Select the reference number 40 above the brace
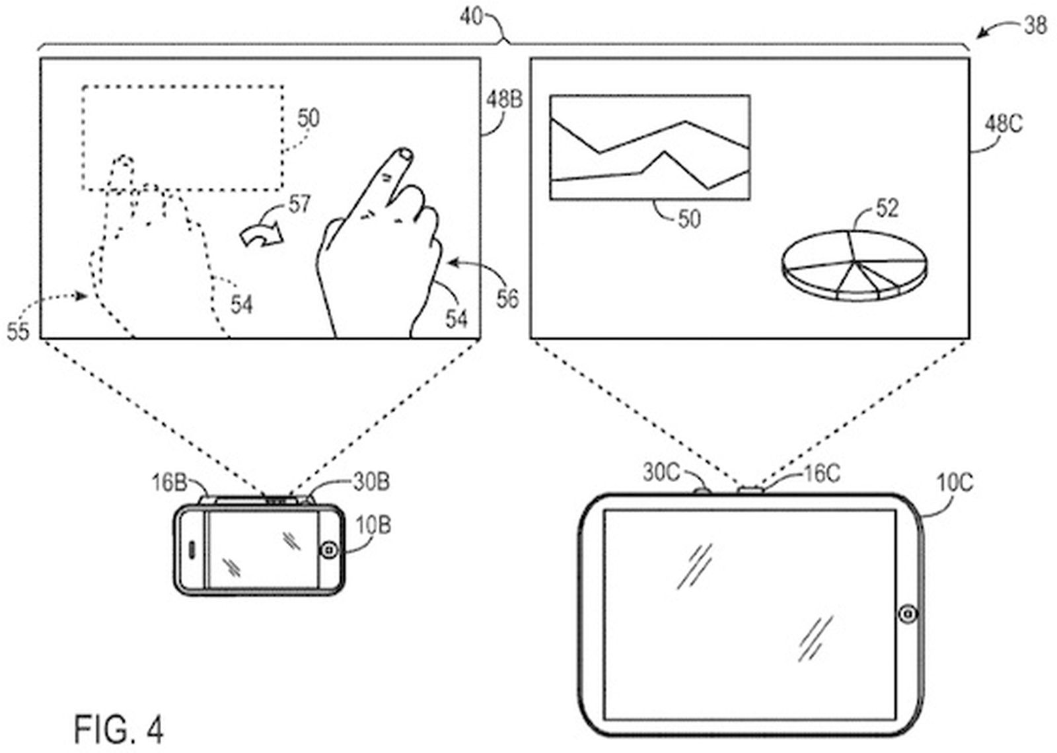point(472,17)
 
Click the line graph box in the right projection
point(649,147)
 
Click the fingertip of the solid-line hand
point(402,155)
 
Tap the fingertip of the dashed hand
point(123,162)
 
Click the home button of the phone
point(329,550)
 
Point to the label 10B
point(373,526)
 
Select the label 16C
point(821,473)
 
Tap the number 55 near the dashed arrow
point(18,332)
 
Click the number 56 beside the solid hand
point(507,299)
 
